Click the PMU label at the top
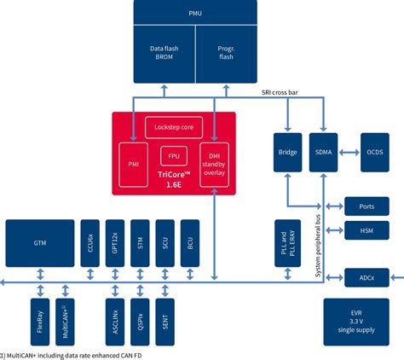(195, 12)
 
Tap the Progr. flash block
(227, 54)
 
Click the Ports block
(366, 206)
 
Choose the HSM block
(366, 230)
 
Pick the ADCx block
(366, 276)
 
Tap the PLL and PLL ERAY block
(287, 243)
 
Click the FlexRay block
(39, 315)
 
